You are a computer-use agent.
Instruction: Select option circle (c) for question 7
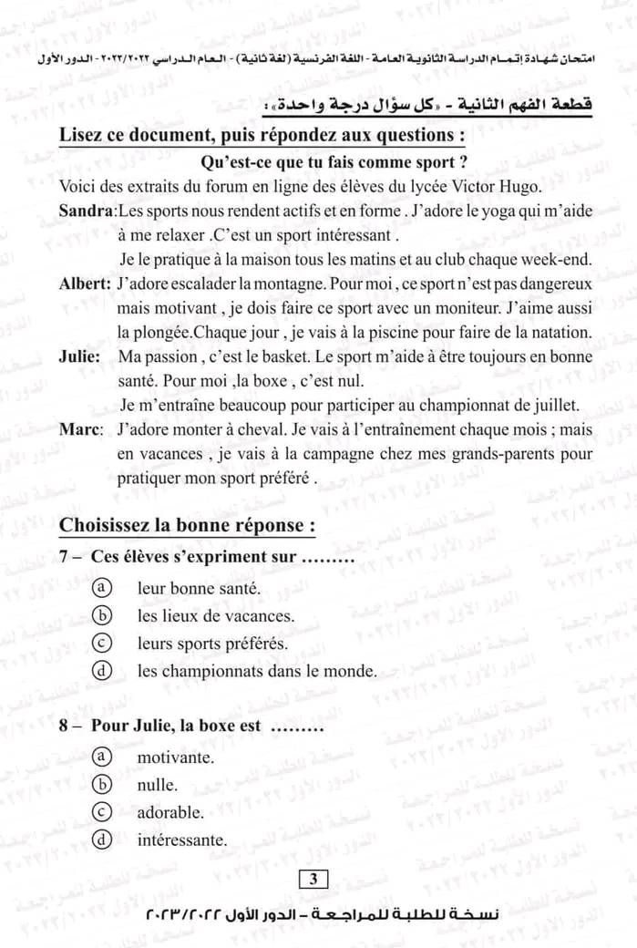(x=103, y=644)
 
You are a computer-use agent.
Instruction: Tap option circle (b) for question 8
(x=103, y=785)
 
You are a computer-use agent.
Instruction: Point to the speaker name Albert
(x=85, y=283)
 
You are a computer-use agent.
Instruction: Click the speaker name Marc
(x=80, y=429)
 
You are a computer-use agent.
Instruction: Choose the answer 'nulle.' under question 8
(x=158, y=785)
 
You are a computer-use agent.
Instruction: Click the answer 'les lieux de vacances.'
(x=216, y=616)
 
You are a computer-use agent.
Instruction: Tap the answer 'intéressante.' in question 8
(x=181, y=840)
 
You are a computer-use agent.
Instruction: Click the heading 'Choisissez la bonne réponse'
(x=187, y=526)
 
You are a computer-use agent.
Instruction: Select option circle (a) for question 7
(x=103, y=589)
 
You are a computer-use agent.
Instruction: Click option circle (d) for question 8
(x=103, y=840)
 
